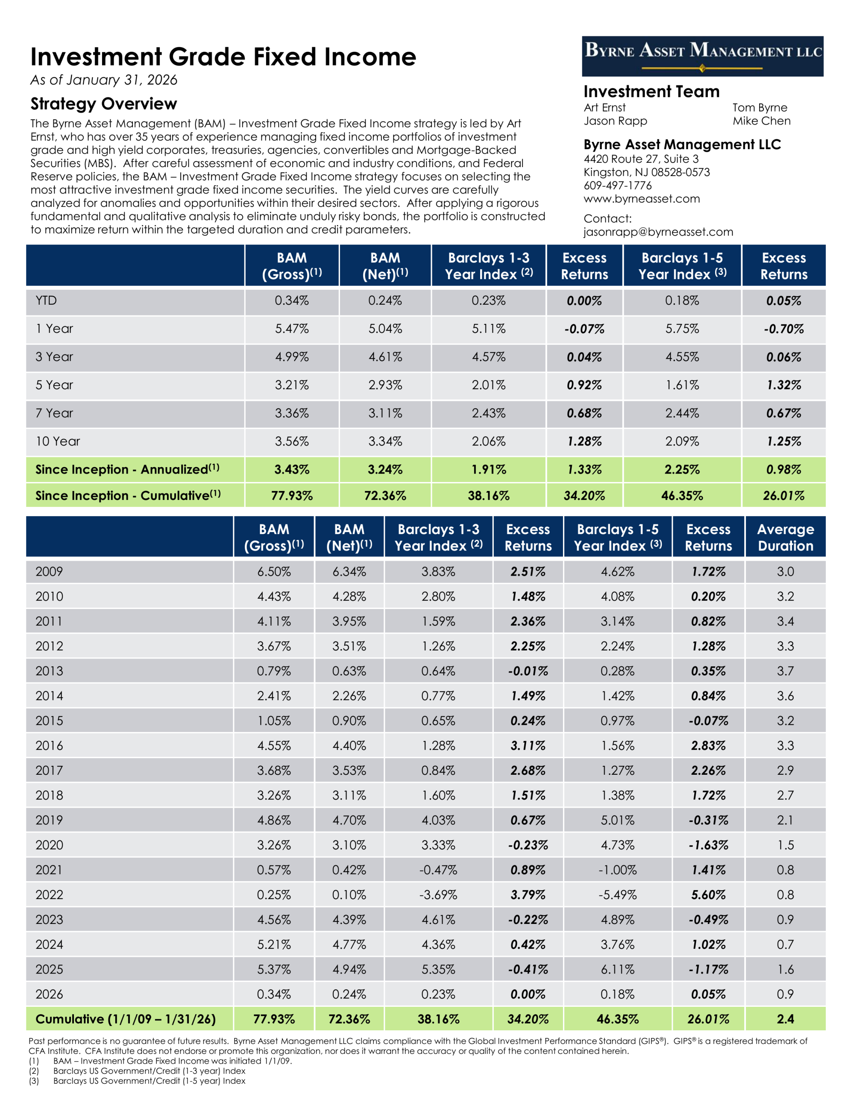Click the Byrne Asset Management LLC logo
(x=702, y=56)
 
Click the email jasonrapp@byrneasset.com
(x=658, y=232)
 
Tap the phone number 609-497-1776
(x=618, y=185)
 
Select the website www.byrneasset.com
(x=642, y=199)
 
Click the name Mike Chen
(x=761, y=121)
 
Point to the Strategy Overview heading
(x=104, y=104)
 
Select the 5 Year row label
(x=54, y=385)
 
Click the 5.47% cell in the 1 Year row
(x=291, y=329)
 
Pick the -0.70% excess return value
(x=783, y=329)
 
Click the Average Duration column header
(x=785, y=538)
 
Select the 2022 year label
(x=49, y=894)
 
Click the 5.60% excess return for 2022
(x=708, y=894)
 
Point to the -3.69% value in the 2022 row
(x=438, y=894)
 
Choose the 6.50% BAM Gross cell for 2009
(x=273, y=571)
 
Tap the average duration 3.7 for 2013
(x=785, y=671)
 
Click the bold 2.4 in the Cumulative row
(x=785, y=1019)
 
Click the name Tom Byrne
(x=760, y=108)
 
